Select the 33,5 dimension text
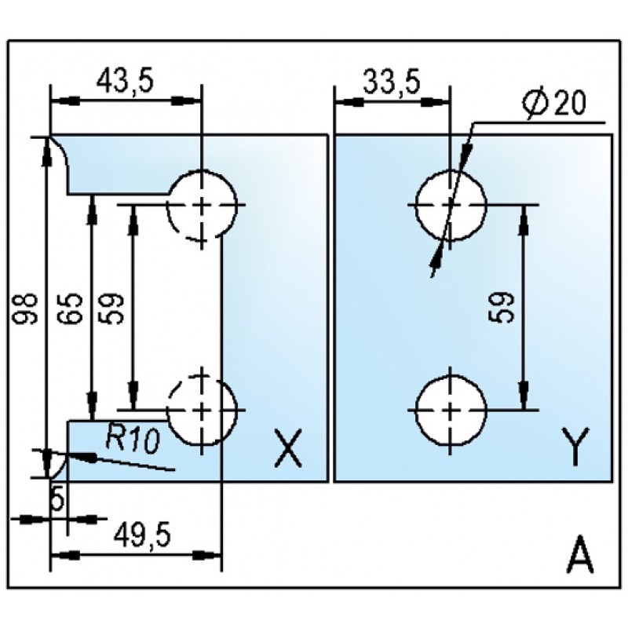tap(392, 83)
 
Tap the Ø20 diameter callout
tap(554, 103)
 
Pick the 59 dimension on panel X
tap(110, 309)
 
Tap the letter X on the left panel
tap(287, 447)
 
